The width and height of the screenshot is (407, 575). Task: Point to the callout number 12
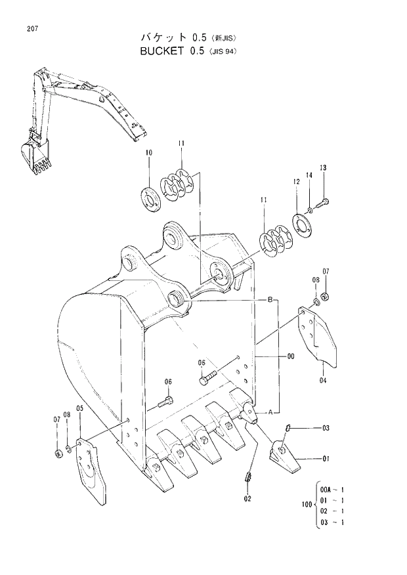pos(297,181)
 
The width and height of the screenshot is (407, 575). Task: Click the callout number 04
pos(323,380)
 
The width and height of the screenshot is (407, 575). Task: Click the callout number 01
pos(326,459)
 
